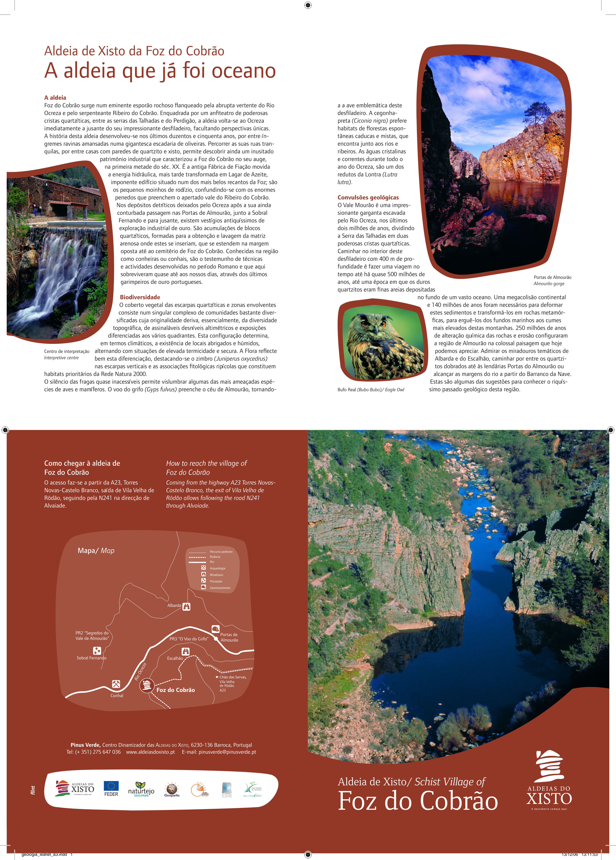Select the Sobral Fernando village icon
click(97, 651)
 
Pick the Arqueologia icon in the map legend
click(203, 568)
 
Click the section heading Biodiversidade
click(140, 297)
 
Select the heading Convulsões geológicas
click(368, 197)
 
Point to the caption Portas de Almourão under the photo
click(552, 277)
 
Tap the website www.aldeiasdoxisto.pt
click(150, 752)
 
